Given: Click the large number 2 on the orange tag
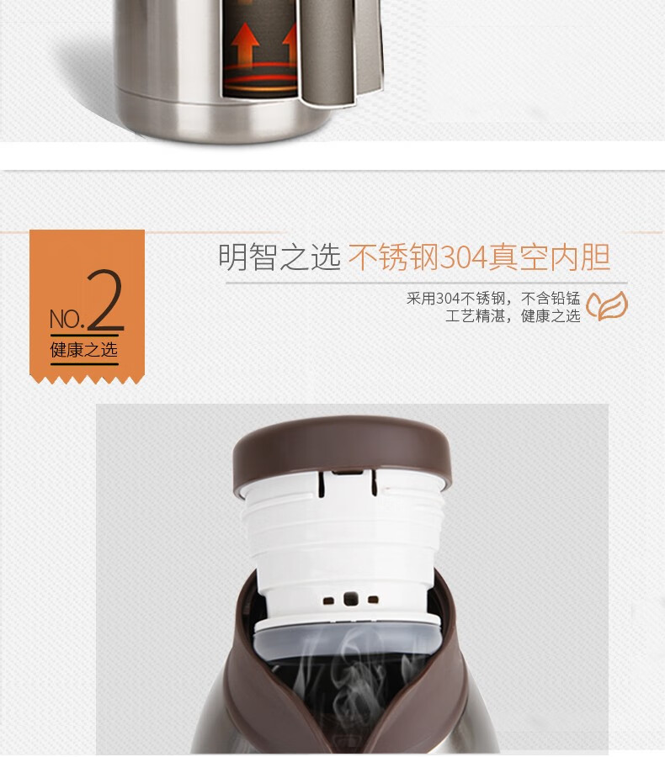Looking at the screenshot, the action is (106, 300).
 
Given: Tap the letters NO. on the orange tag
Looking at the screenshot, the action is (66, 319).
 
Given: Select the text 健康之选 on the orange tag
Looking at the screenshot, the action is (84, 350).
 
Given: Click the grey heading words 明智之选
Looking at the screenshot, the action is (279, 257).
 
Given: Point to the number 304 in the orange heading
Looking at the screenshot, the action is (464, 257).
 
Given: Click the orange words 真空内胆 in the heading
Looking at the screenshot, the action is (549, 257).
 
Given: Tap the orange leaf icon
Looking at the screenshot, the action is (607, 306).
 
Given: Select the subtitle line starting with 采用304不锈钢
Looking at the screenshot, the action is (493, 299).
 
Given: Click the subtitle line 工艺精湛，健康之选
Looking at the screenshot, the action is (513, 316).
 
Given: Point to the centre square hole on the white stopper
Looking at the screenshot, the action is (351, 599).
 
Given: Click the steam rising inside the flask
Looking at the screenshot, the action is (348, 686).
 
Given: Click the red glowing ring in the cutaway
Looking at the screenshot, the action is (262, 79).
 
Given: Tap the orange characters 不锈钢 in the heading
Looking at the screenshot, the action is (393, 257).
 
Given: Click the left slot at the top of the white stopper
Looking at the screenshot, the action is (322, 484).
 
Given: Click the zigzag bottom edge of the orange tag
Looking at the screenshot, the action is (87, 379).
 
